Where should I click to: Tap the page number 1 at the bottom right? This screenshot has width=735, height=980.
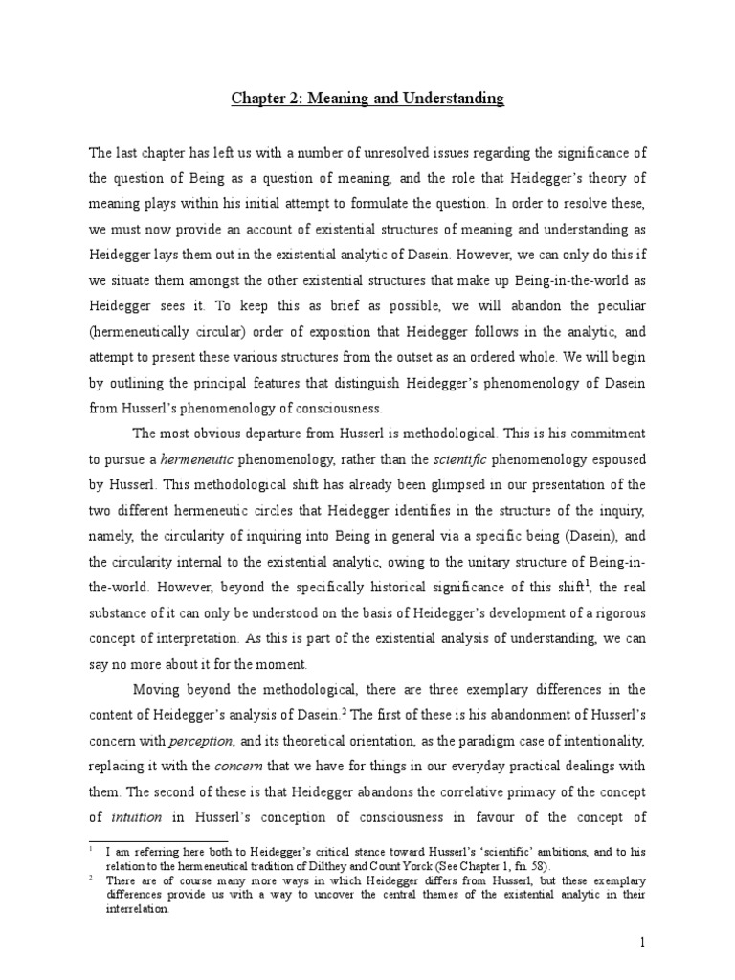click(644, 942)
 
